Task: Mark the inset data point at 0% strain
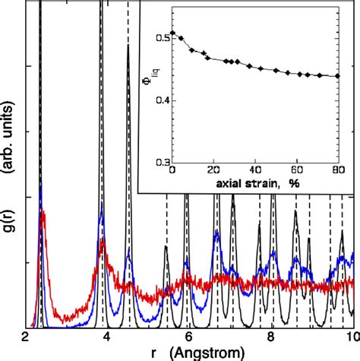coord(172,33)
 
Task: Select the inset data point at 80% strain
coord(339,76)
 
